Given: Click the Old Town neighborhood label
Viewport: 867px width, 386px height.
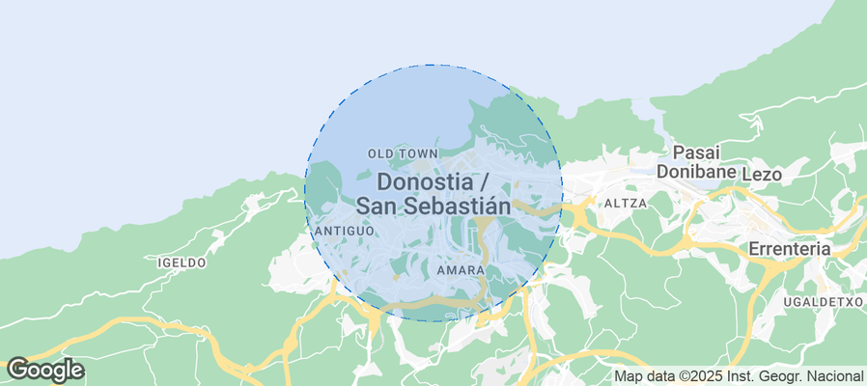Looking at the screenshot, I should click(403, 153).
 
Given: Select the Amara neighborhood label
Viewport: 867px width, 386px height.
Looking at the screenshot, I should click(460, 270).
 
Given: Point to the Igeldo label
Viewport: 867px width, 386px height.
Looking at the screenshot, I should click(182, 262).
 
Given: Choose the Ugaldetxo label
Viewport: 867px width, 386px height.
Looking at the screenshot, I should click(824, 301).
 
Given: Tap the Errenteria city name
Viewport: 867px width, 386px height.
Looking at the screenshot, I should click(790, 249).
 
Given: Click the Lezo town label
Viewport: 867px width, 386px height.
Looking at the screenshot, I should click(762, 174).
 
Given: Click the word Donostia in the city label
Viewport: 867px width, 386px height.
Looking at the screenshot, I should click(425, 182).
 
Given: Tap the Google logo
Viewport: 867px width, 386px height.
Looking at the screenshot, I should click(44, 370).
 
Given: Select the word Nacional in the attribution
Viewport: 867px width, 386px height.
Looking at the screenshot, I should click(836, 376).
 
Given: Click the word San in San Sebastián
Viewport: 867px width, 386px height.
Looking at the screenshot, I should click(375, 206).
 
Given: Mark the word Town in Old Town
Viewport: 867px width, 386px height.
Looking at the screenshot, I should click(417, 153).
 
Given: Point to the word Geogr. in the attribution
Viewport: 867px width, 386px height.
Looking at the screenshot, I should click(782, 376).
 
